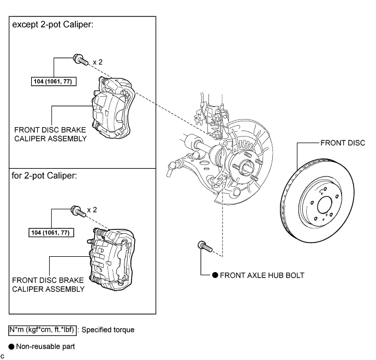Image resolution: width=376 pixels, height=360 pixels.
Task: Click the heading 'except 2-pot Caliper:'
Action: tap(53, 25)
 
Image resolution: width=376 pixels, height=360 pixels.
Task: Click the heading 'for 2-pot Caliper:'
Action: tap(44, 176)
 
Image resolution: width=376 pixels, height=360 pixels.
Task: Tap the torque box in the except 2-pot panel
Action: tap(53, 81)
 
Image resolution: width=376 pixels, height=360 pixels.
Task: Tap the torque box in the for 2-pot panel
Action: tap(51, 233)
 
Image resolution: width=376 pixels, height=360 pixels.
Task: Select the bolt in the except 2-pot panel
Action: tap(81, 60)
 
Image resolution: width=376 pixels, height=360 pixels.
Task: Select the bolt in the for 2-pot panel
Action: tap(79, 211)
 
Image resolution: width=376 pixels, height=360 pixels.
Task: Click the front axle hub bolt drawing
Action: tap(205, 246)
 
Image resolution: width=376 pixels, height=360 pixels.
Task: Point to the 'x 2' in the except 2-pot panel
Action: tap(98, 62)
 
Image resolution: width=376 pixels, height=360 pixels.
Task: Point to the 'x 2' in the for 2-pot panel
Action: tap(92, 210)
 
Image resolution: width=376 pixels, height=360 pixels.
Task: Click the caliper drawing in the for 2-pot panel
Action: tap(112, 259)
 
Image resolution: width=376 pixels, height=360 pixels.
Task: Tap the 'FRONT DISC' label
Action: tap(343, 143)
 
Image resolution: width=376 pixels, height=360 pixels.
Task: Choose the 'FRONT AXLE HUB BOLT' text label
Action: tap(262, 275)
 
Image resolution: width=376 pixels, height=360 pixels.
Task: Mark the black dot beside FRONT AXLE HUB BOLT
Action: tap(215, 275)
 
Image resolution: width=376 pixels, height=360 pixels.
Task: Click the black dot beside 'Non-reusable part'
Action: tap(11, 346)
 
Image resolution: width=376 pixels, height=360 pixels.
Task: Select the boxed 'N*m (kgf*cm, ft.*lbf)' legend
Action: tap(43, 330)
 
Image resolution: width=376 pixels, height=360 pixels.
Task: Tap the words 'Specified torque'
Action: tap(108, 330)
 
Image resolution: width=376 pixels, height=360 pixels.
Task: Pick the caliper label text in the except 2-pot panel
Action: tap(50, 134)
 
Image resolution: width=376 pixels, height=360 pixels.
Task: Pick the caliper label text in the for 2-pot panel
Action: tap(48, 285)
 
